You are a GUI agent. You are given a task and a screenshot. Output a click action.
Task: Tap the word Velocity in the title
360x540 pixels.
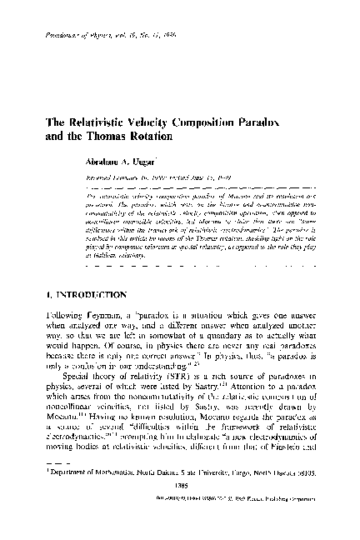coord(159,122)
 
